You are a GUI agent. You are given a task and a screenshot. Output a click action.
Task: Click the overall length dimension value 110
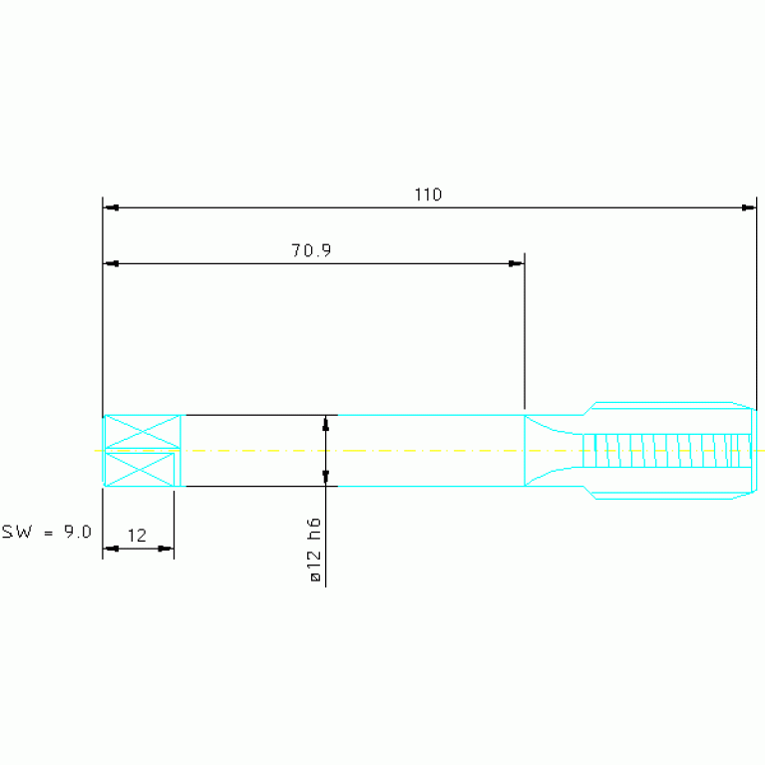pos(428,194)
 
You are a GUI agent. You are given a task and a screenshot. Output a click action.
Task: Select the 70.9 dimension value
pos(311,250)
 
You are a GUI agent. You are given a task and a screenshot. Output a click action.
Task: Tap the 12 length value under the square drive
pos(137,536)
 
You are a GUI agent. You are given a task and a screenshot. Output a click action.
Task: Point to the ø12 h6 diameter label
pos(315,550)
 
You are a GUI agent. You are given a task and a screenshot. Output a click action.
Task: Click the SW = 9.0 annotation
pos(46,532)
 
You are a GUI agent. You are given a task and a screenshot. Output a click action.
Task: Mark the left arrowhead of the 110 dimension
pos(112,207)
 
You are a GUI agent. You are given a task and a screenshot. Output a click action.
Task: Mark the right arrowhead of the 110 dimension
pos(748,207)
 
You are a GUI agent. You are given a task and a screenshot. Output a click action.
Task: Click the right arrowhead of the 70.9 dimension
pos(516,264)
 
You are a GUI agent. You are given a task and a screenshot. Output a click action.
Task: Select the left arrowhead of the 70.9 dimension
pos(112,264)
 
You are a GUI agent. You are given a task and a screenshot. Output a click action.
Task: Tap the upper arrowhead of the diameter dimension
pos(326,423)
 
